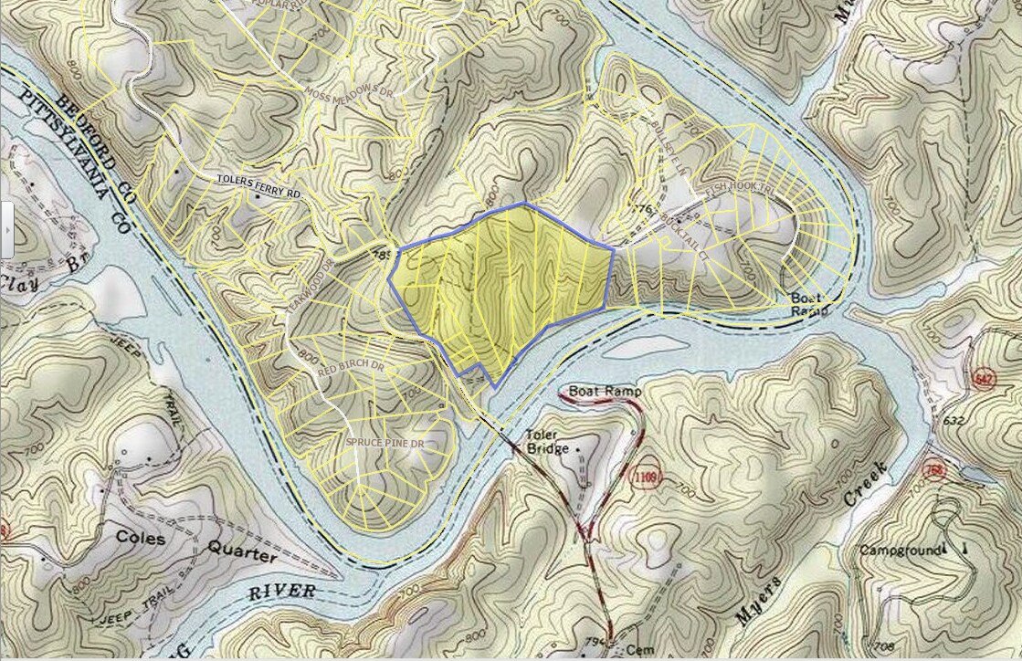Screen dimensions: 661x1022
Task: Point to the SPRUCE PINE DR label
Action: (x=386, y=443)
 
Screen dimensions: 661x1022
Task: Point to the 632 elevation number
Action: (x=953, y=421)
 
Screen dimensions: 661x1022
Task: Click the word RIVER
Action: (x=282, y=591)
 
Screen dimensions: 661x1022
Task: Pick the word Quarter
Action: (x=241, y=552)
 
